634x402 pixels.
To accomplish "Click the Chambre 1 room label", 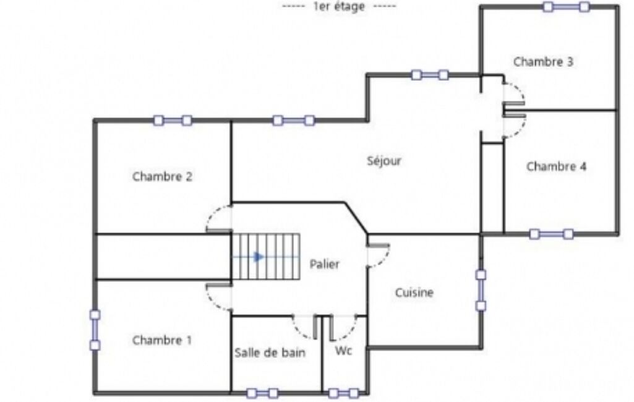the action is point(162,341).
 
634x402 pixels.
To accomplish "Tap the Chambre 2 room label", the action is point(162,177).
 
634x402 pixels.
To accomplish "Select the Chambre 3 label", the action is point(543,62).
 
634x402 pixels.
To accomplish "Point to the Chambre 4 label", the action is point(556,166).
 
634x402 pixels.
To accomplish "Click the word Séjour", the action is point(384,161).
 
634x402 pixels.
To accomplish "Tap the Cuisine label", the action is point(414,293).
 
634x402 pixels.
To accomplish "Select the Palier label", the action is point(324,264).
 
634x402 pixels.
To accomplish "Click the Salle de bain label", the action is point(270,353).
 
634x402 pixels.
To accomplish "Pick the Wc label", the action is point(343,351).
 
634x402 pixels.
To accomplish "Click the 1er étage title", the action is point(339,6).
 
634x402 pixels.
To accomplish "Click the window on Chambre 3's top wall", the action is point(566,7).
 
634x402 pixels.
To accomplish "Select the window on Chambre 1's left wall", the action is point(95,330).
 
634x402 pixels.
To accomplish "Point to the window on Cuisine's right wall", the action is point(481,291).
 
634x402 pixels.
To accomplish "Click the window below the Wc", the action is point(344,393).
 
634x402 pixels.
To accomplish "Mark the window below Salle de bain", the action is point(263,393).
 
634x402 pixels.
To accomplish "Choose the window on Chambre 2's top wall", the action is point(173,121).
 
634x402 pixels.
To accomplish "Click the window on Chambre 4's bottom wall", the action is point(552,234).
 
